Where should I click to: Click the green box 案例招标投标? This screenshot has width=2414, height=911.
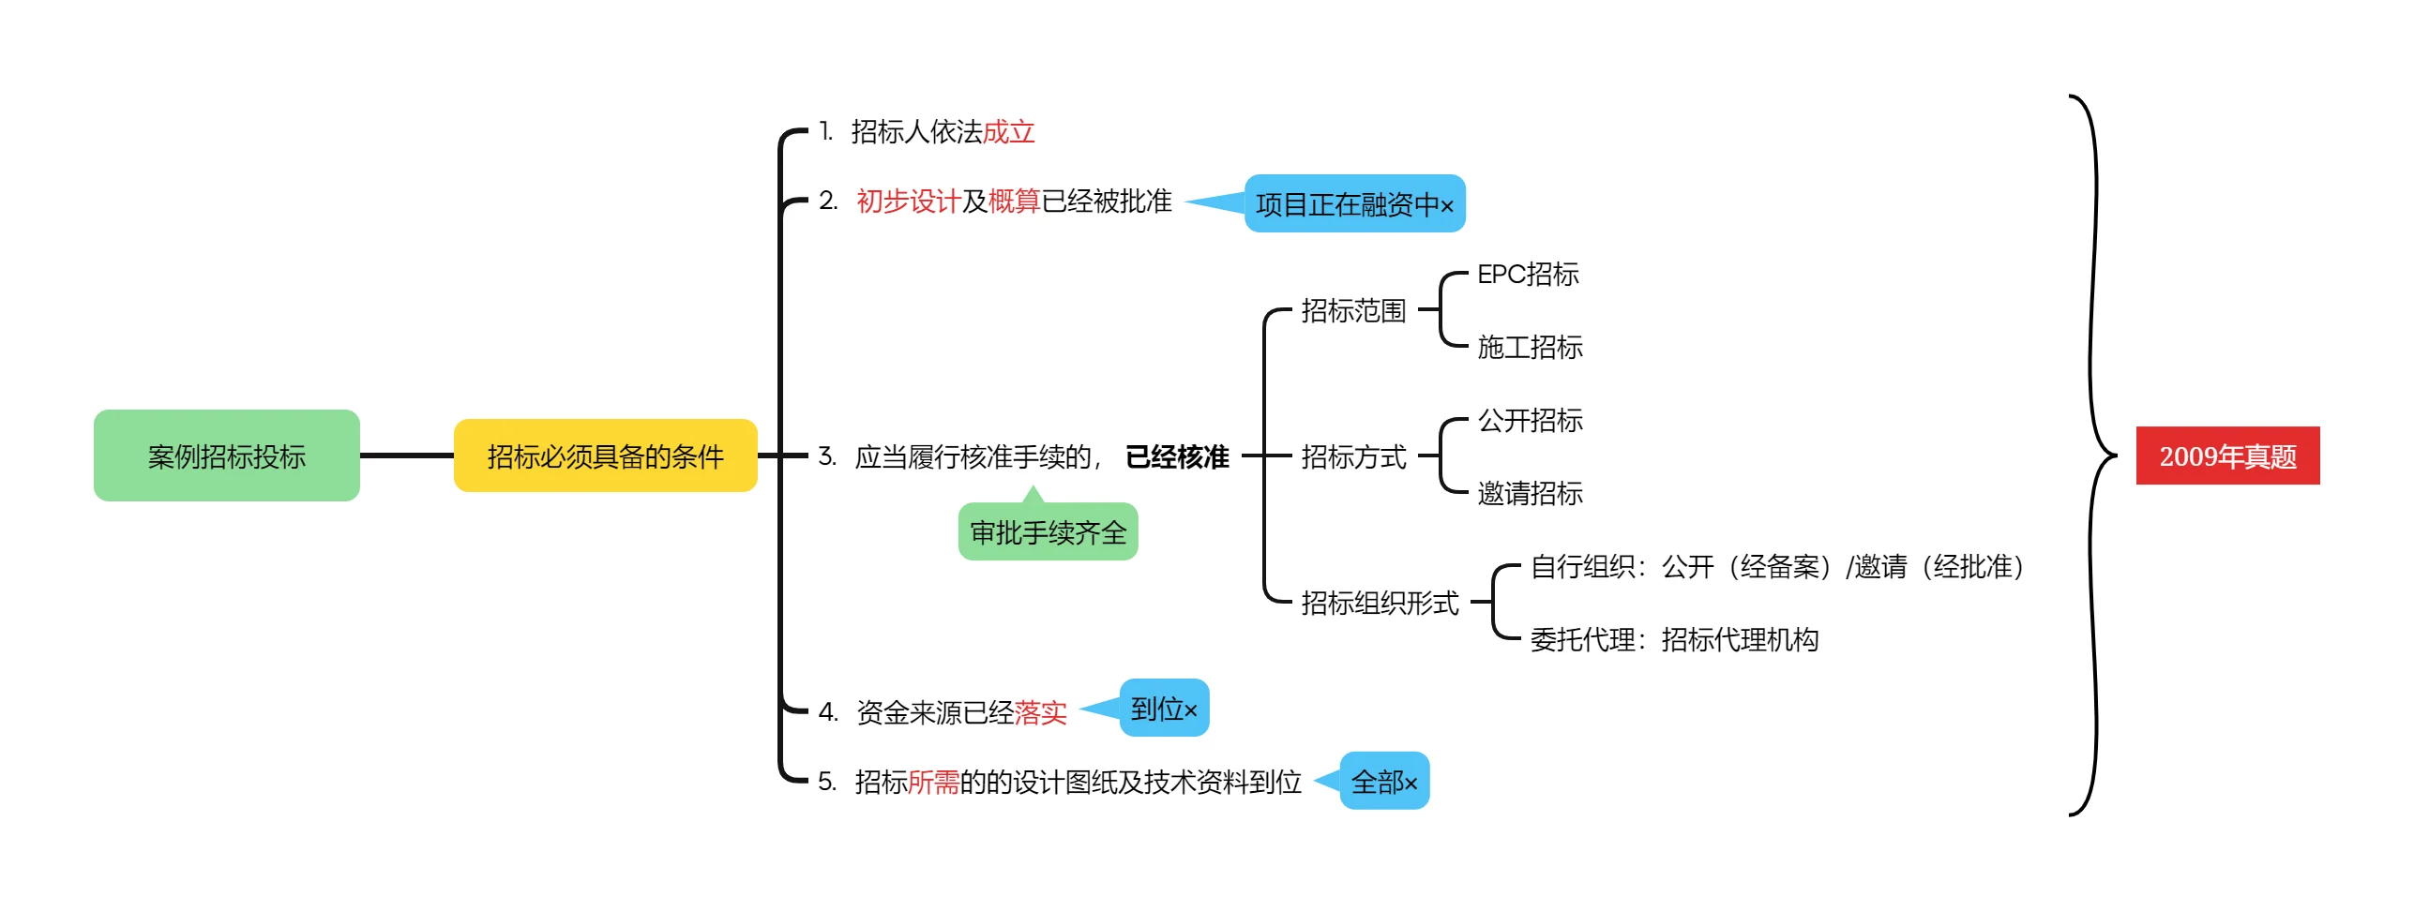coord(227,456)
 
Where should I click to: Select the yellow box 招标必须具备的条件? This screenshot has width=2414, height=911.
coord(605,456)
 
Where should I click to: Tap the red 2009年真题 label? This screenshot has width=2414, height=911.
coord(2227,456)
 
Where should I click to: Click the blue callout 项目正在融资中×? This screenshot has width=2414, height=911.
coord(1354,204)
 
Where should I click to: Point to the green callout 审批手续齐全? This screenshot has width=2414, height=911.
coord(1048,532)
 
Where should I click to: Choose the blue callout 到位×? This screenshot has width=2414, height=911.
coord(1164,709)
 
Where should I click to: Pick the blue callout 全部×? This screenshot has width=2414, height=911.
coord(1384,782)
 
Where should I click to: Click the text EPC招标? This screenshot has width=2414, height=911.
coord(1528,275)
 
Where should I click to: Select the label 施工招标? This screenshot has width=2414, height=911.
coord(1530,348)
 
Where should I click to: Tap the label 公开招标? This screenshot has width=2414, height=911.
coord(1530,421)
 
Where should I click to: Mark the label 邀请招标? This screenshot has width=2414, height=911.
coord(1530,493)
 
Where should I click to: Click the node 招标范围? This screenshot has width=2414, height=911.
coord(1353,311)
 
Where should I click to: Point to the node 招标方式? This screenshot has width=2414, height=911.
coord(1353,457)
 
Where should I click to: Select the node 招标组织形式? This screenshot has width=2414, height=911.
coord(1380,604)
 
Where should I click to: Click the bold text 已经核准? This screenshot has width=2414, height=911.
coord(1177,457)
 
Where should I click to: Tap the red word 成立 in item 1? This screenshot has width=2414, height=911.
coord(1008,132)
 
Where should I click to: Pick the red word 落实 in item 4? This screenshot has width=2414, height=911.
coord(1040,713)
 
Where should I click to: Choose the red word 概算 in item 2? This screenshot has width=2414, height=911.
coord(1014,202)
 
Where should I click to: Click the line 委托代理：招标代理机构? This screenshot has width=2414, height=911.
coord(1674,640)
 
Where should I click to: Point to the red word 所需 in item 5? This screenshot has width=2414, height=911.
coord(933,782)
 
